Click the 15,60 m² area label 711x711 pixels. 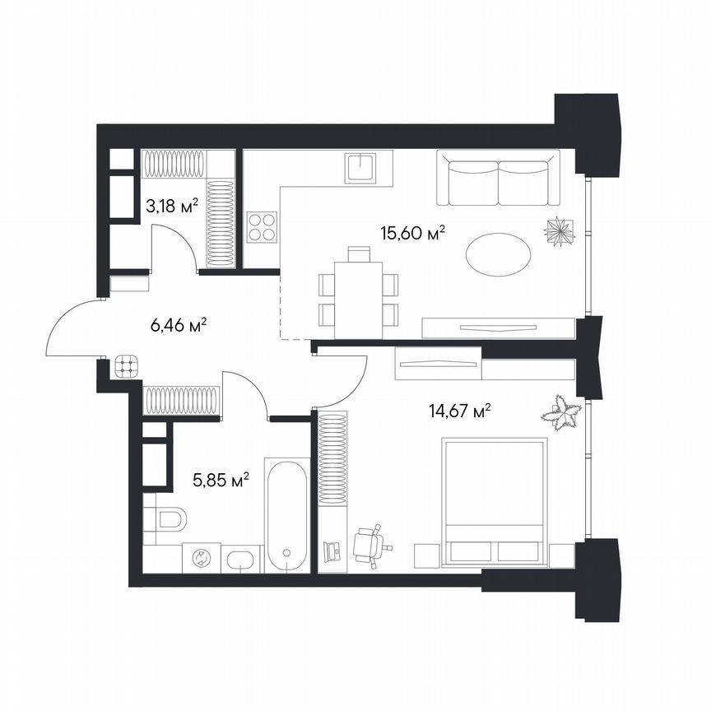pos(412,234)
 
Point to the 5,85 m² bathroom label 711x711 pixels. pos(221,481)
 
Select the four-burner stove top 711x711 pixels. pos(263,226)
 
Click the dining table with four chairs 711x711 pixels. pos(358,292)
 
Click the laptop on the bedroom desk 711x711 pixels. pos(333,549)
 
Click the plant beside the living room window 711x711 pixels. pos(559,230)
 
